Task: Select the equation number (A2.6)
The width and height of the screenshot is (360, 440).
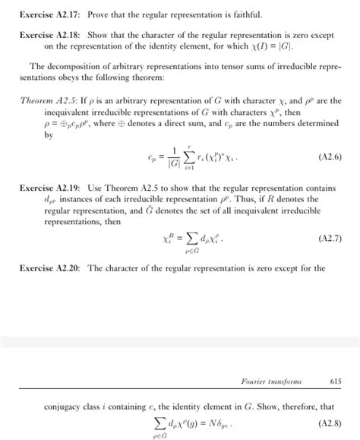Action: coord(327,157)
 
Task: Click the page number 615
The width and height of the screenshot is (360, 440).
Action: coord(336,381)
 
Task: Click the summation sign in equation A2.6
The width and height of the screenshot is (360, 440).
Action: coord(194,157)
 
